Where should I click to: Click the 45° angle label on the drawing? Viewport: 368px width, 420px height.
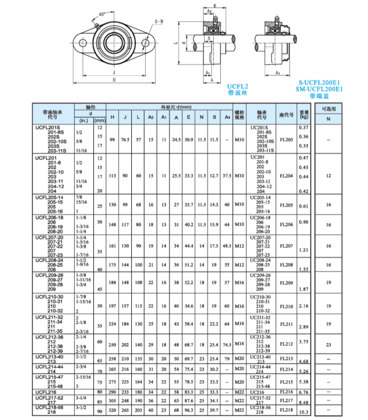[x=102, y=14]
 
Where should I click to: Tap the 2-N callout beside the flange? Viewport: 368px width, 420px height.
[x=159, y=22]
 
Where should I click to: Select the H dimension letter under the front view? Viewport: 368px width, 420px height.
[x=114, y=80]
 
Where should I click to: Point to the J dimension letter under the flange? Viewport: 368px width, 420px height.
[x=114, y=72]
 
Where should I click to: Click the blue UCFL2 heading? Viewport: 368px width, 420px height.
[x=237, y=87]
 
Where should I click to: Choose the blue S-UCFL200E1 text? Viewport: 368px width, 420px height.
[x=319, y=82]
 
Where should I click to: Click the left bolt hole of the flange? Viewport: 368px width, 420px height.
[x=82, y=43]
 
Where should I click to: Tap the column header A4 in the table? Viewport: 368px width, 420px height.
[x=227, y=117]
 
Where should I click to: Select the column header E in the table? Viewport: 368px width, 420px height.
[x=189, y=117]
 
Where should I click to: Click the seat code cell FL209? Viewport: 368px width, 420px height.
[x=286, y=283]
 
